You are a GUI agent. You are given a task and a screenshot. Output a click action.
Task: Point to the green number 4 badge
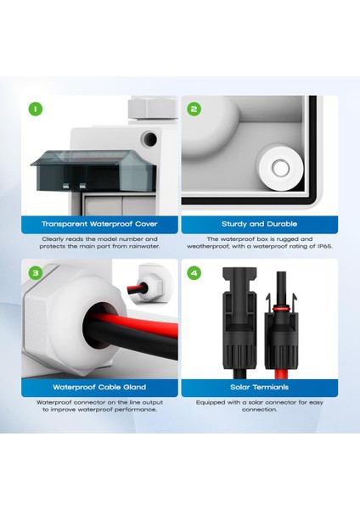click(x=194, y=273)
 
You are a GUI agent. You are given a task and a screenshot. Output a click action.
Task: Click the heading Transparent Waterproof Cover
click(x=99, y=224)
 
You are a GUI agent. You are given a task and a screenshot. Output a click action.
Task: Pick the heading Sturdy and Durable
click(x=256, y=224)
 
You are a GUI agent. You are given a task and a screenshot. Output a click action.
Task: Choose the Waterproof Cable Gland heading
click(x=99, y=388)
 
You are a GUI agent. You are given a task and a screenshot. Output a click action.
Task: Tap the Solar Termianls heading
click(x=256, y=388)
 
